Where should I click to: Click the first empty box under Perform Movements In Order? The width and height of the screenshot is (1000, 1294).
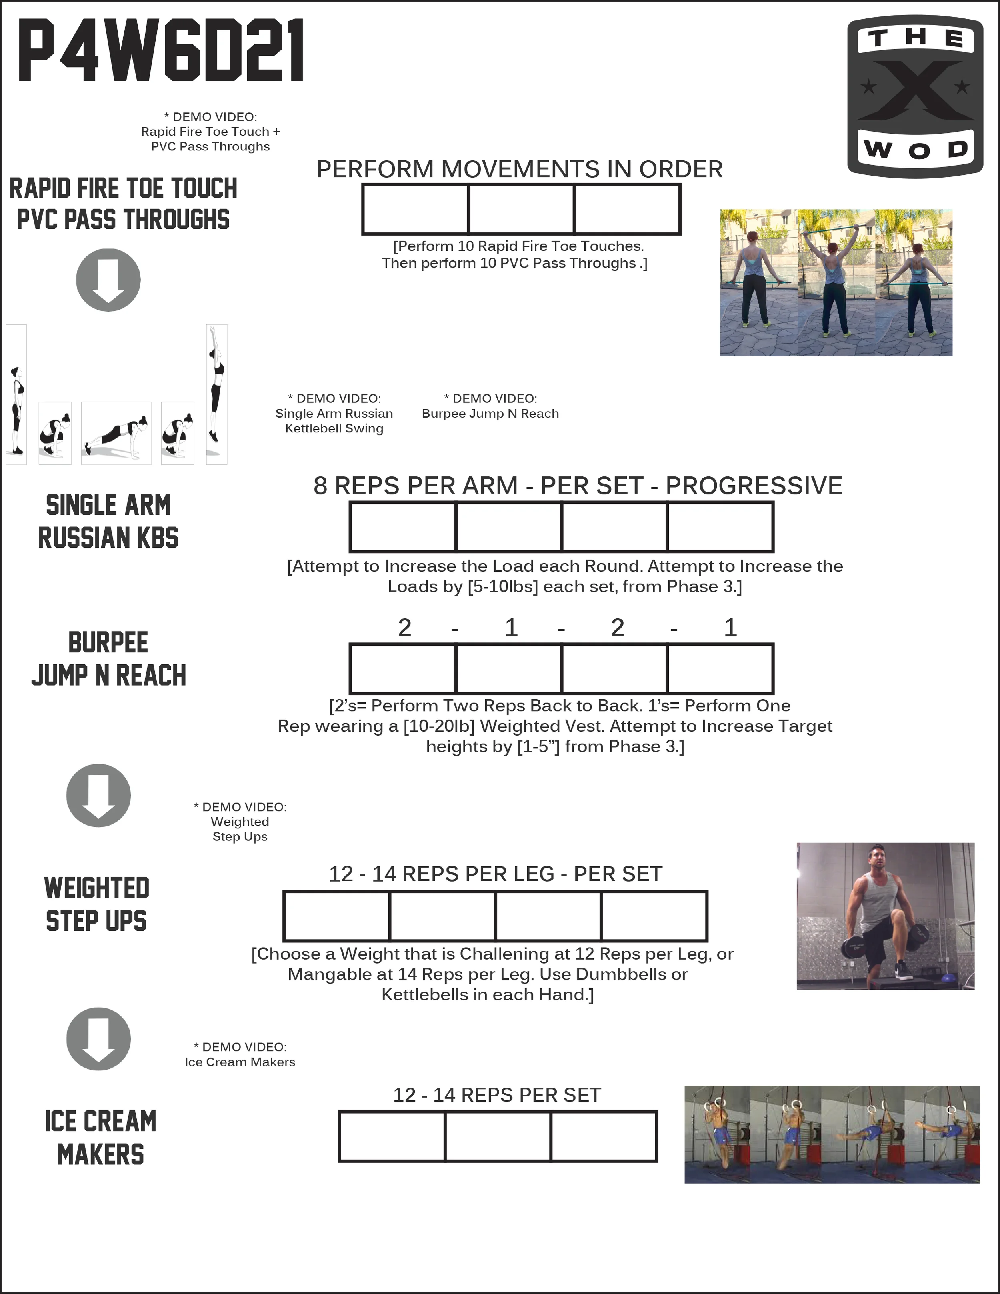[x=415, y=209]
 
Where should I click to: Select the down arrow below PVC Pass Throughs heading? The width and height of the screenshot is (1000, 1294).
[x=108, y=280]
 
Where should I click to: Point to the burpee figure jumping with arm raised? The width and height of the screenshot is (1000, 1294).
[x=216, y=394]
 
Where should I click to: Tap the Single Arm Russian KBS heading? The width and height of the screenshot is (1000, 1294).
[x=108, y=521]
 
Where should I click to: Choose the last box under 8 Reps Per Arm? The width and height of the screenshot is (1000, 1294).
[x=720, y=527]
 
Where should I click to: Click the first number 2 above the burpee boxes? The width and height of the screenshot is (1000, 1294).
[x=405, y=628]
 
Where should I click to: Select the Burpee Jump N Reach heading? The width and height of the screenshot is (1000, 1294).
[x=108, y=659]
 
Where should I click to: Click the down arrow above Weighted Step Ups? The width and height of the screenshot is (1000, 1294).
[x=98, y=795]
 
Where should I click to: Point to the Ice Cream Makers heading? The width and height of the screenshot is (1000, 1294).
[x=101, y=1138]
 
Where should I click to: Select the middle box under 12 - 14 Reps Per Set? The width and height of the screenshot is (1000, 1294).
[x=498, y=1136]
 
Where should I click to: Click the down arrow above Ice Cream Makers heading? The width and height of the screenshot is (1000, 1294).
[x=98, y=1039]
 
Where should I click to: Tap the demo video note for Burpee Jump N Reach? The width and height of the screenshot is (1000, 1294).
[x=490, y=406]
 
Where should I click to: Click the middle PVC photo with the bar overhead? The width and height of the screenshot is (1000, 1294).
[x=836, y=283]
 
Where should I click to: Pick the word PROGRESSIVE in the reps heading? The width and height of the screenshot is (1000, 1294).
[x=754, y=486]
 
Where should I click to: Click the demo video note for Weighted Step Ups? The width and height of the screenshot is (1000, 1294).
[x=240, y=822]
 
